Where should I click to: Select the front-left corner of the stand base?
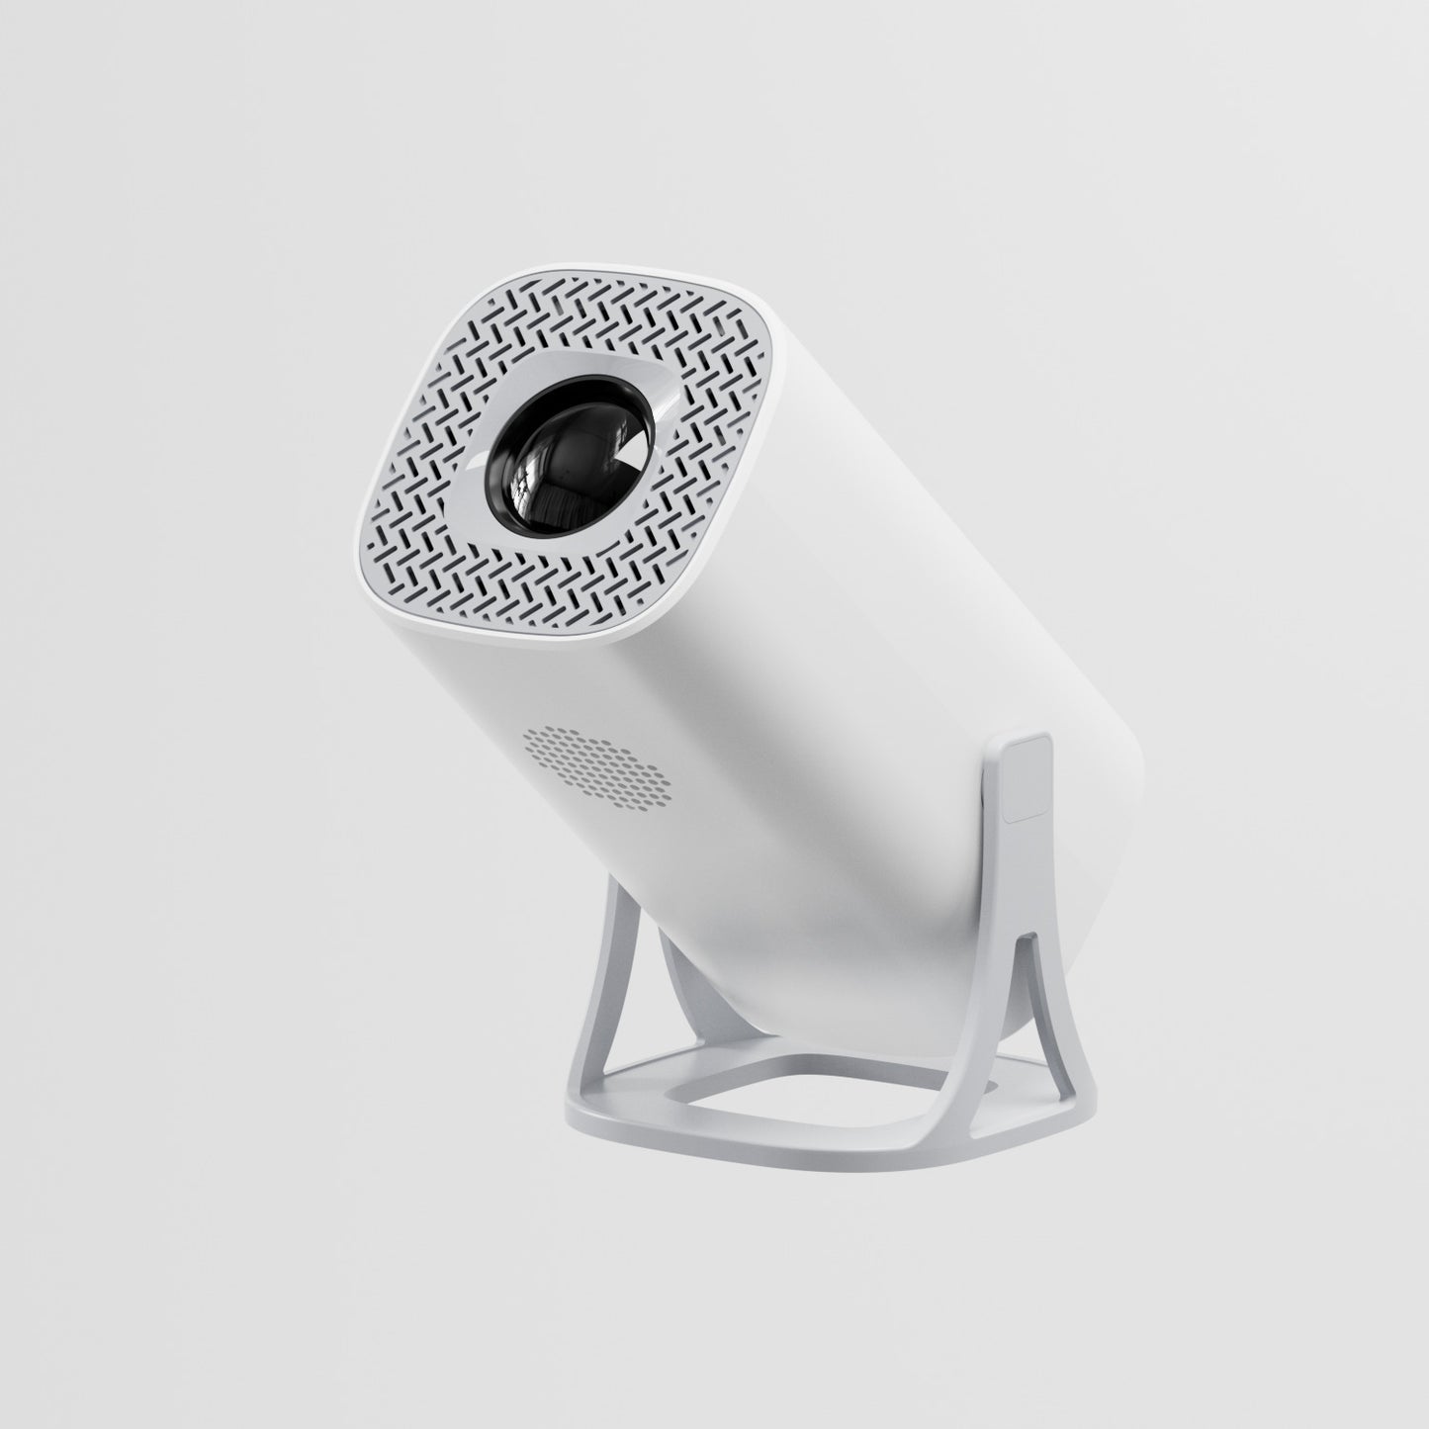[x=574, y=1117]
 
